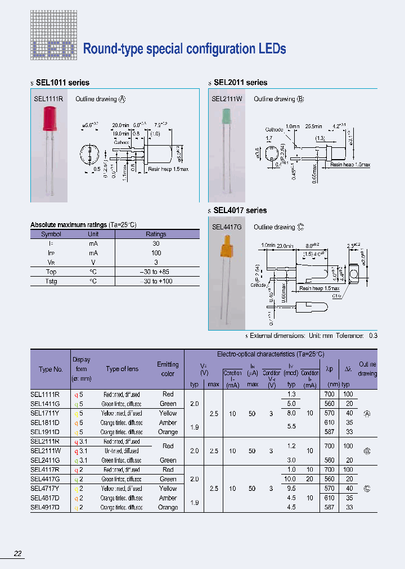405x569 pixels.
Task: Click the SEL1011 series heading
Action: click(62, 83)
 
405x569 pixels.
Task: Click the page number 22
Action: click(18, 554)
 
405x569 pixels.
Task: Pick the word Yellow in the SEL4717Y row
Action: click(168, 489)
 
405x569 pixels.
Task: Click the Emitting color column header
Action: click(168, 369)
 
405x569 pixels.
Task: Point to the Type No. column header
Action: click(51, 369)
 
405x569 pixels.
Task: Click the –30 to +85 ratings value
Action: click(156, 272)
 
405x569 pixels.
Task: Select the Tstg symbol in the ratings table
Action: click(51, 281)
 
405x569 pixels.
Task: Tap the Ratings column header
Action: click(156, 234)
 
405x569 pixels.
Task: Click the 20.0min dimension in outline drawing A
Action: click(121, 125)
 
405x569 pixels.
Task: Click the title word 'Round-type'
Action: click(113, 49)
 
